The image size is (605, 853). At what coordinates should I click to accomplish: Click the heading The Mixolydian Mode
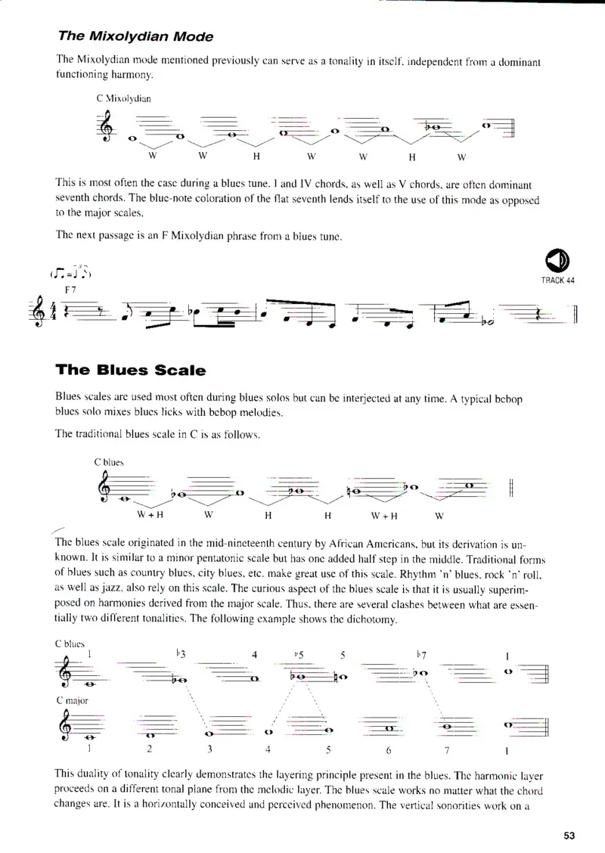(135, 36)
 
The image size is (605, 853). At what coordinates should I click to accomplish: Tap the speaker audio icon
(556, 261)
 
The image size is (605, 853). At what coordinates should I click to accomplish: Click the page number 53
(569, 835)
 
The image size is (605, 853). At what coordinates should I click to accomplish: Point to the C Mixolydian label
(123, 98)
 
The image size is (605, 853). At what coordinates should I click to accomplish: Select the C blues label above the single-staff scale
(109, 461)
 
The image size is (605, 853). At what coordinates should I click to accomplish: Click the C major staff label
(71, 700)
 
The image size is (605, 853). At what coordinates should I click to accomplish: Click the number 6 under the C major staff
(387, 750)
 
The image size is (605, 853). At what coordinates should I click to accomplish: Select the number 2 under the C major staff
(150, 750)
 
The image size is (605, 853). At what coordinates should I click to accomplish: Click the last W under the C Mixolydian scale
(461, 157)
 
